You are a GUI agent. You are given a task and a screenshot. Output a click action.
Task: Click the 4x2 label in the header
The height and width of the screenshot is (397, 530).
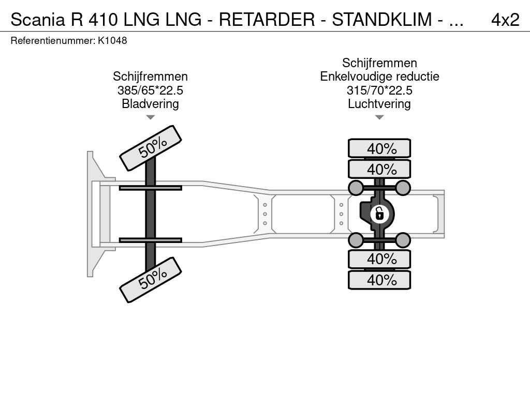(505, 20)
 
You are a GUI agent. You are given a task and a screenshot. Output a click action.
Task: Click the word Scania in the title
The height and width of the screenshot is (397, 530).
(37, 20)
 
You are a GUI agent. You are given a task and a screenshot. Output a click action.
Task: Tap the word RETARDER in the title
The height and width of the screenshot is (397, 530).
(267, 20)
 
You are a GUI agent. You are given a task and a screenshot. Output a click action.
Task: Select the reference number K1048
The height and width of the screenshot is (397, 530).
(112, 40)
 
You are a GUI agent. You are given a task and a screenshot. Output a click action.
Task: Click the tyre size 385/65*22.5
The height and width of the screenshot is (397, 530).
(150, 90)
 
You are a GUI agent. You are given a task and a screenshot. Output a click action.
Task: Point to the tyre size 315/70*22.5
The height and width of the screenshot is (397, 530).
(379, 90)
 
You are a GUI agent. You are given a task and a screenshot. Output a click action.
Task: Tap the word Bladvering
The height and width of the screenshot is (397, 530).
(150, 103)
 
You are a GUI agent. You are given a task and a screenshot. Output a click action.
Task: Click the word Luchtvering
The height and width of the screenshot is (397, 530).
(379, 103)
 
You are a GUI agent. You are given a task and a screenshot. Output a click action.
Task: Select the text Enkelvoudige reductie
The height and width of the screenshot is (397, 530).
(379, 77)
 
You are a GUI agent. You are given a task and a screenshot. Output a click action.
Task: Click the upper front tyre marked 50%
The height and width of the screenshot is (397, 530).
(151, 148)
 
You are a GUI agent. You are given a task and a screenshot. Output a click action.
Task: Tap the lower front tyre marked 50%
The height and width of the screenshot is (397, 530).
(151, 280)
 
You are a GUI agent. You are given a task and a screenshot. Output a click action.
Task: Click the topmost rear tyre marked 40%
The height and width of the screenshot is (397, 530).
(379, 148)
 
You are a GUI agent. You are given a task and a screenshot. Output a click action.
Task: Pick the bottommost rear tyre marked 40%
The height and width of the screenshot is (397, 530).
(379, 280)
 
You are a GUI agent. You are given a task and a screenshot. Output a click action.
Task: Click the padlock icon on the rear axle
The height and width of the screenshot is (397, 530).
(379, 214)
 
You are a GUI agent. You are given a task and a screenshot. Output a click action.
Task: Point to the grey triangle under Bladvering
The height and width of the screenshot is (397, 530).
(150, 117)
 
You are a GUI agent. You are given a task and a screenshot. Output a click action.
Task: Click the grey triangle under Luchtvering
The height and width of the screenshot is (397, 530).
(379, 117)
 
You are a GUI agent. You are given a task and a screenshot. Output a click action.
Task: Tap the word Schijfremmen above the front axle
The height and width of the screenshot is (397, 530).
(150, 77)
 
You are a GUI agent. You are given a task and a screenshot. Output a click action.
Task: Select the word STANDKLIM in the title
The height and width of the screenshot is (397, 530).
(382, 20)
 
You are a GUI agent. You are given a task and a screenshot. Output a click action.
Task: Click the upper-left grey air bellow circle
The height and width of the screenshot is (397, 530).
(356, 187)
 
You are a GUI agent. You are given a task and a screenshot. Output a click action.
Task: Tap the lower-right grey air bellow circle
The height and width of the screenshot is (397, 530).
(403, 240)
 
